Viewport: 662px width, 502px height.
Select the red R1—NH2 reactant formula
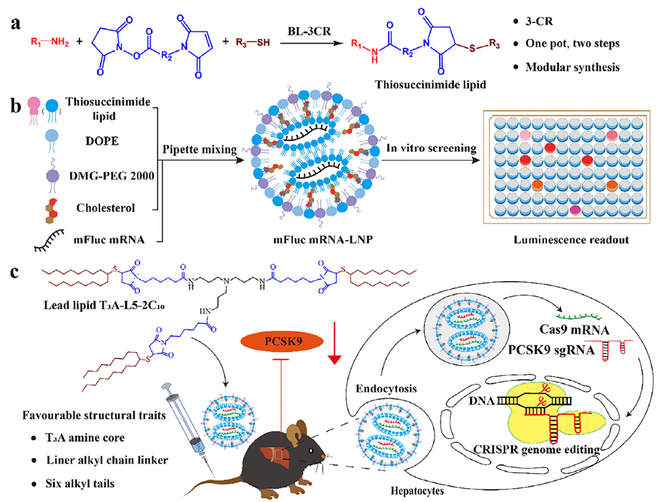click(x=48, y=43)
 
